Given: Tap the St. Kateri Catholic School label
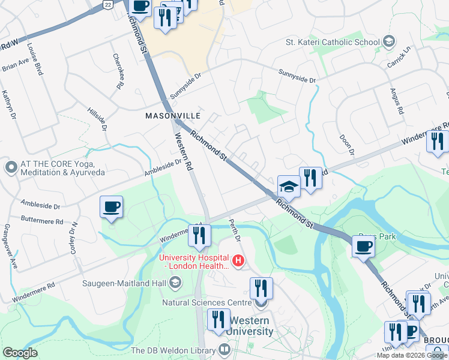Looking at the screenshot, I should (333, 42).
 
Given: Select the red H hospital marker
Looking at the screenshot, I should (238, 261).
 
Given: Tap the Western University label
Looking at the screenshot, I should (250, 325).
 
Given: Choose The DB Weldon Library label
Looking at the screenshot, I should (173, 350).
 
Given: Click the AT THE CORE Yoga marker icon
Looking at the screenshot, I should (10, 167).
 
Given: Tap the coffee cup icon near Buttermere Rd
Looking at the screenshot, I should (111, 207).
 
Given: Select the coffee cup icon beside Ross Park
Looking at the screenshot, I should (363, 245).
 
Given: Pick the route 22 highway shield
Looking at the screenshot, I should (107, 4).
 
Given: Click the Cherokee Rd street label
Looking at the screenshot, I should (118, 71).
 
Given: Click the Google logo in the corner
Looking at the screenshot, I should (20, 353).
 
